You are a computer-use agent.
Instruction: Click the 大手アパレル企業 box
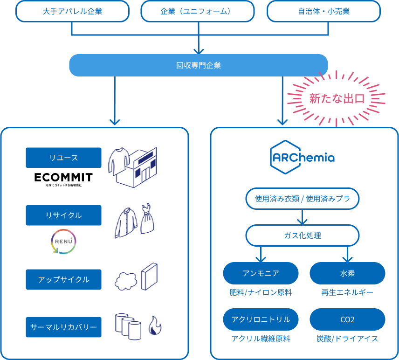pyautogui.click(x=72, y=11)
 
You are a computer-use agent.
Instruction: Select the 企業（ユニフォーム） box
pyautogui.click(x=199, y=11)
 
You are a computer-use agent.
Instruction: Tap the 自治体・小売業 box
pyautogui.click(x=324, y=11)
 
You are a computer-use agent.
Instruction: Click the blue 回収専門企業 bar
pyautogui.click(x=199, y=65)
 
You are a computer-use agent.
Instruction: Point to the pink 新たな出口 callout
pyautogui.click(x=337, y=99)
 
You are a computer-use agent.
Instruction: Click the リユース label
pyautogui.click(x=63, y=158)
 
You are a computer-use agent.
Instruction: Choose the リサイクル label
pyautogui.click(x=63, y=215)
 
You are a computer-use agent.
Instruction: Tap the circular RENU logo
pyautogui.click(x=63, y=241)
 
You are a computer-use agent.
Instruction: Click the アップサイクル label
pyautogui.click(x=63, y=279)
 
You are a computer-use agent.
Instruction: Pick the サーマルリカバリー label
pyautogui.click(x=63, y=327)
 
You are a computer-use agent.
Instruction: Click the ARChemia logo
pyautogui.click(x=303, y=157)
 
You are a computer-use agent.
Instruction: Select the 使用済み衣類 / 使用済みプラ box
pyautogui.click(x=303, y=199)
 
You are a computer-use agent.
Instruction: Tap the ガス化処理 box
pyautogui.click(x=303, y=235)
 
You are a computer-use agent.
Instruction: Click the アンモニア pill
pyautogui.click(x=261, y=273)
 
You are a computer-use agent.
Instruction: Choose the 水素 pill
pyautogui.click(x=347, y=273)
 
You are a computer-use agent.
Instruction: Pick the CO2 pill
pyautogui.click(x=347, y=319)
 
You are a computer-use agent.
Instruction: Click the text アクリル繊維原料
pyautogui.click(x=261, y=339)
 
